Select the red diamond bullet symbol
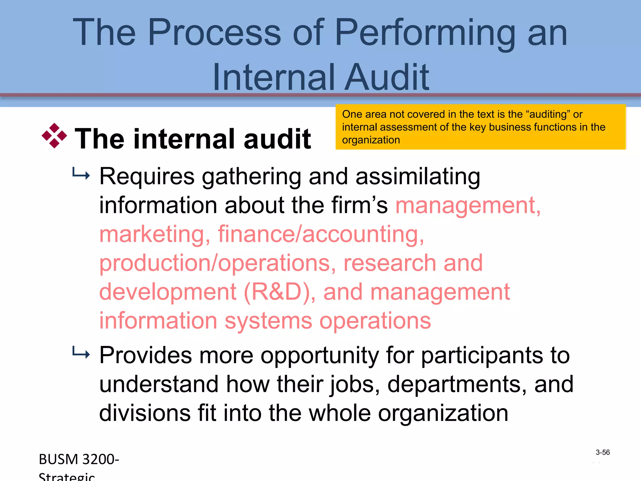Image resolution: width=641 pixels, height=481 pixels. pos(54,136)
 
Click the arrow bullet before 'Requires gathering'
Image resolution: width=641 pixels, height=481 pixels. pos(81,174)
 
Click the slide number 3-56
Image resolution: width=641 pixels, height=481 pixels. pos(603,452)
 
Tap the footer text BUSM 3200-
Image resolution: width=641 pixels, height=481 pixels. pos(79,459)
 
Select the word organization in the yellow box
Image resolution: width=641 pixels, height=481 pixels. pos(371,140)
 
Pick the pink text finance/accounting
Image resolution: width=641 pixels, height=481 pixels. pos(321,234)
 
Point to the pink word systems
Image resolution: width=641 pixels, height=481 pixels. pos(268,321)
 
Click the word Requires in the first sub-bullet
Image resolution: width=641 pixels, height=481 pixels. pos(147,176)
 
